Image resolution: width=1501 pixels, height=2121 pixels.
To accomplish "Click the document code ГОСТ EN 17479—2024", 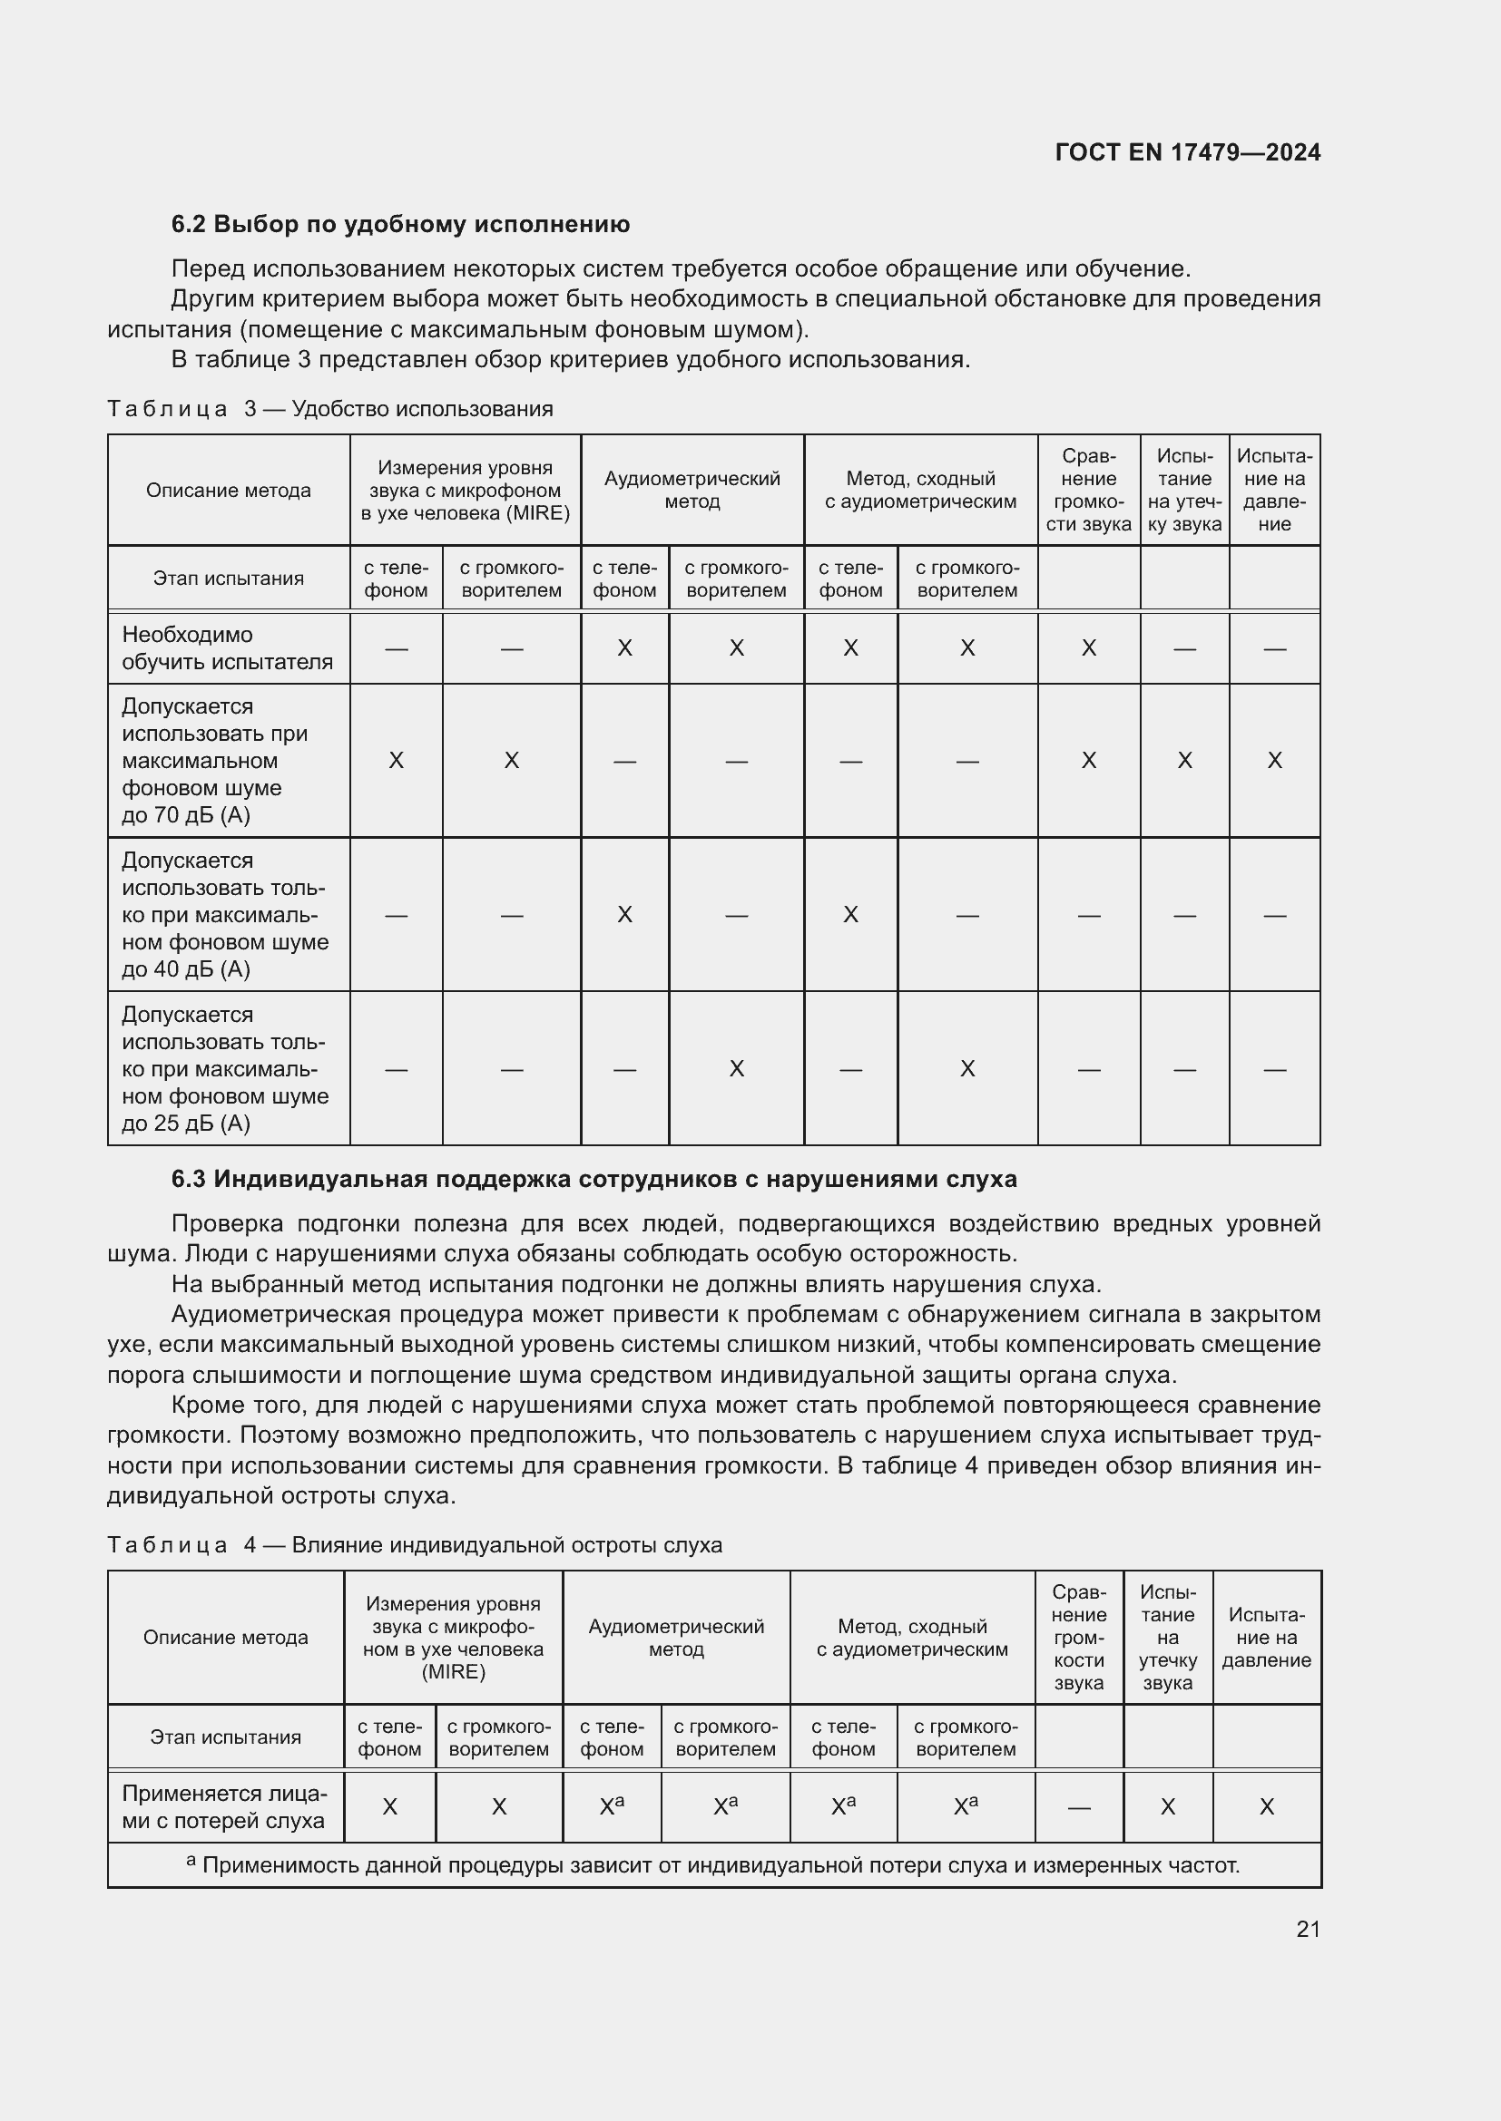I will (x=1187, y=152).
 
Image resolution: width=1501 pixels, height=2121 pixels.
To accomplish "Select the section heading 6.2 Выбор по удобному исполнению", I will (x=400, y=225).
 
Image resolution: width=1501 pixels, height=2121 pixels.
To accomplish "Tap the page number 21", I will (x=1308, y=1928).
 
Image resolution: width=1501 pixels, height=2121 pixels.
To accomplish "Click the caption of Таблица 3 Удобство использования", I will (x=330, y=408).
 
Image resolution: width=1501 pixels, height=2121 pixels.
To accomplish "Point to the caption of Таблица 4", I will (x=414, y=1544).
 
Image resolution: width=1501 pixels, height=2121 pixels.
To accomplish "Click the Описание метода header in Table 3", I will (x=229, y=491).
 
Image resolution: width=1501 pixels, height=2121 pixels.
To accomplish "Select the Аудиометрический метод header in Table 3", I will (x=692, y=491).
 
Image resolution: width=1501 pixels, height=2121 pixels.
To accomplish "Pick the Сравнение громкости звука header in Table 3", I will (x=1088, y=491).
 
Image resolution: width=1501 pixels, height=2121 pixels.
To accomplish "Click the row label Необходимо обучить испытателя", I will (x=228, y=648).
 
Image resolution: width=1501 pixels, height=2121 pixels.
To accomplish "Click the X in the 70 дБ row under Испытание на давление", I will (x=1273, y=760).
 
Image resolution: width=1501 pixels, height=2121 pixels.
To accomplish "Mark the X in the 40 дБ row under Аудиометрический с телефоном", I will (x=624, y=915).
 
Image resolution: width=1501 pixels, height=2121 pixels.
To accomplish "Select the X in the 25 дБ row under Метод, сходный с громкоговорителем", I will (x=966, y=1069).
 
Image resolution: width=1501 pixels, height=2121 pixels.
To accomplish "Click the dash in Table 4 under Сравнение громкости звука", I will (x=1079, y=1808).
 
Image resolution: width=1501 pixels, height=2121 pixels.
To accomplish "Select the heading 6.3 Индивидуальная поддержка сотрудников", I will (x=594, y=1180).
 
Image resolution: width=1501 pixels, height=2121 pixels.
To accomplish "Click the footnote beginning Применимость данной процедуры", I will (x=712, y=1865).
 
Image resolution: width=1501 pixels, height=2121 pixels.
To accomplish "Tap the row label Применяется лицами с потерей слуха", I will (x=224, y=1807).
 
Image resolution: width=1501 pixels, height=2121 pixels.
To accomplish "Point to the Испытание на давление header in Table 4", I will (x=1265, y=1638).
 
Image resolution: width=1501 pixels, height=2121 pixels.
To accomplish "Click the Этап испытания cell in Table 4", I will (x=226, y=1737).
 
